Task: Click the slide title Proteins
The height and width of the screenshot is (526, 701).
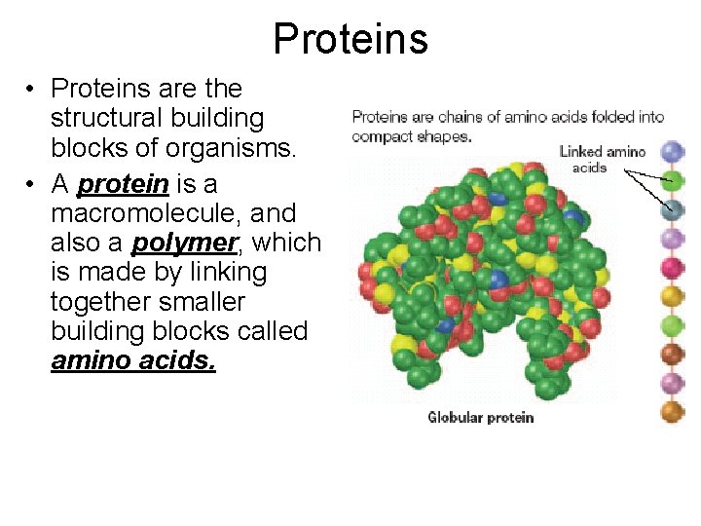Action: pyautogui.click(x=350, y=39)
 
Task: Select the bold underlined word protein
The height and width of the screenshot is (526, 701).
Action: pyautogui.click(x=123, y=182)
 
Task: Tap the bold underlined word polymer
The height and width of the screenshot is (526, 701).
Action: pyautogui.click(x=185, y=243)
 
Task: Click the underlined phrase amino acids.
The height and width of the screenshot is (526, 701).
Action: pyautogui.click(x=133, y=361)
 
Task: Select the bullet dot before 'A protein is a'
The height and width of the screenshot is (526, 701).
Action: pyautogui.click(x=32, y=184)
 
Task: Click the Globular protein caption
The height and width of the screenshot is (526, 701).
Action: pyautogui.click(x=481, y=418)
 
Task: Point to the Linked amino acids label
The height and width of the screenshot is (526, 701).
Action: pyautogui.click(x=603, y=159)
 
